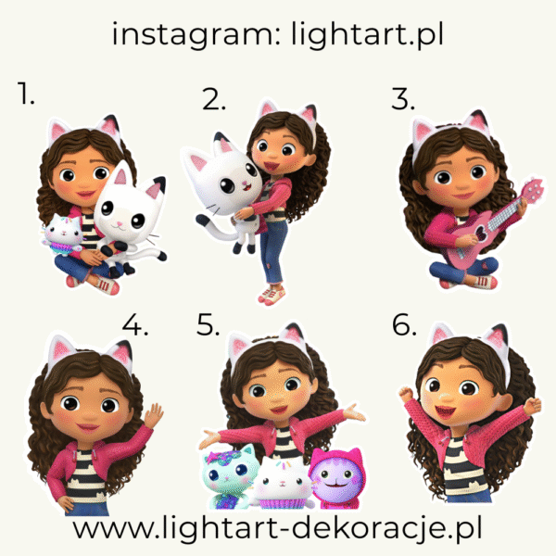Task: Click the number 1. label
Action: coord(26,94)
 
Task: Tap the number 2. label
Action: coord(214,98)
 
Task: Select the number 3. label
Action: coord(403,98)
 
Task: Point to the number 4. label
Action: coord(135,325)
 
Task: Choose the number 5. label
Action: coord(208,324)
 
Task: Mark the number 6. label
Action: coord(404,325)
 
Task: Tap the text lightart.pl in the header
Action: coord(367,34)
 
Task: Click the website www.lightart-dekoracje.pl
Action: coord(277,529)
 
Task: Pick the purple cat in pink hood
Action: coord(336,478)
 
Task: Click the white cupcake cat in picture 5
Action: coord(283,483)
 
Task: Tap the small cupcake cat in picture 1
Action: coord(63,234)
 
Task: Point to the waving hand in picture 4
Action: coord(154,415)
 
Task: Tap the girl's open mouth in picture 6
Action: coord(445,412)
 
